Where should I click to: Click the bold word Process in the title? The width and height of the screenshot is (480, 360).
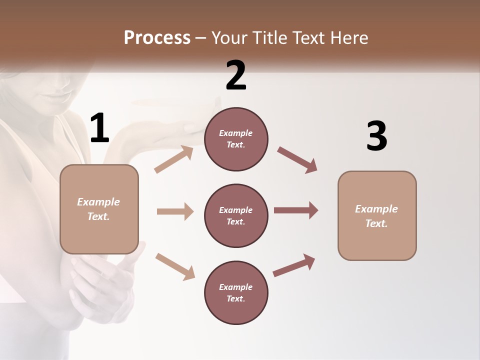tap(157, 38)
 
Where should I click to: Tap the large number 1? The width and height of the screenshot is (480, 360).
tap(99, 128)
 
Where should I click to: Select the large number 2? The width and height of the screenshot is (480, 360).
tap(236, 75)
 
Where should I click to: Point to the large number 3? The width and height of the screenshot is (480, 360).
tap(376, 136)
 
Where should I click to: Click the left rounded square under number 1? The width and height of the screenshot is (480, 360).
tap(99, 209)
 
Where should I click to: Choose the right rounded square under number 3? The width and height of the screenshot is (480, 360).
tap(377, 215)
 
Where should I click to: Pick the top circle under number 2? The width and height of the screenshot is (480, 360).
tap(236, 139)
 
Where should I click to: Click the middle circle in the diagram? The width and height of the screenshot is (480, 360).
tap(236, 215)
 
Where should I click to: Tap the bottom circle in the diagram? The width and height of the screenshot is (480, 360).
tap(236, 292)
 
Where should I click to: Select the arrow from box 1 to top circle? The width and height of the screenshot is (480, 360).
tap(174, 159)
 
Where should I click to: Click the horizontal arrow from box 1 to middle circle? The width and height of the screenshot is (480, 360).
tap(175, 211)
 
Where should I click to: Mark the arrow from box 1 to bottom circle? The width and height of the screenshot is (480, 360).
tap(175, 266)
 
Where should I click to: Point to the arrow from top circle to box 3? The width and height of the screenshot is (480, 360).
tap(297, 160)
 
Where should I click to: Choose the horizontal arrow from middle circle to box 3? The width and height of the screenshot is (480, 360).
tap(296, 210)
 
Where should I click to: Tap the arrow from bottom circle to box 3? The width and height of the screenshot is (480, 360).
tap(294, 265)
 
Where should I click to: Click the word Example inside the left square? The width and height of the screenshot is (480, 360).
tap(98, 202)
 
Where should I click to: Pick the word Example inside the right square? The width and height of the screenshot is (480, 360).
tap(376, 209)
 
